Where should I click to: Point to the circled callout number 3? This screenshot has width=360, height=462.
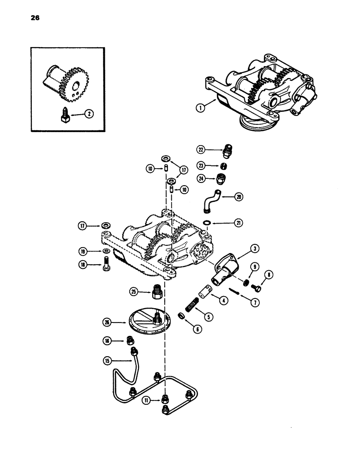[254, 249]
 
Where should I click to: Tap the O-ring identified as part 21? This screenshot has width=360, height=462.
[208, 223]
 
